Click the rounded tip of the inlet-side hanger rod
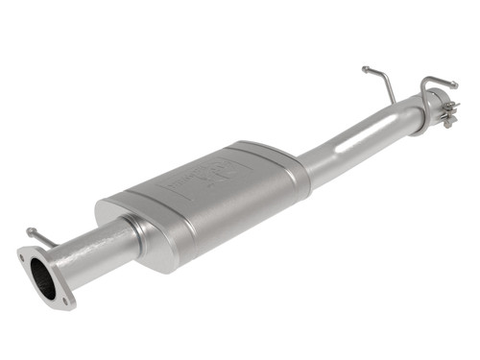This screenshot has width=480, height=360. (31, 231)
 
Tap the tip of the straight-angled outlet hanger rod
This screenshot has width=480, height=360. (365, 68)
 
